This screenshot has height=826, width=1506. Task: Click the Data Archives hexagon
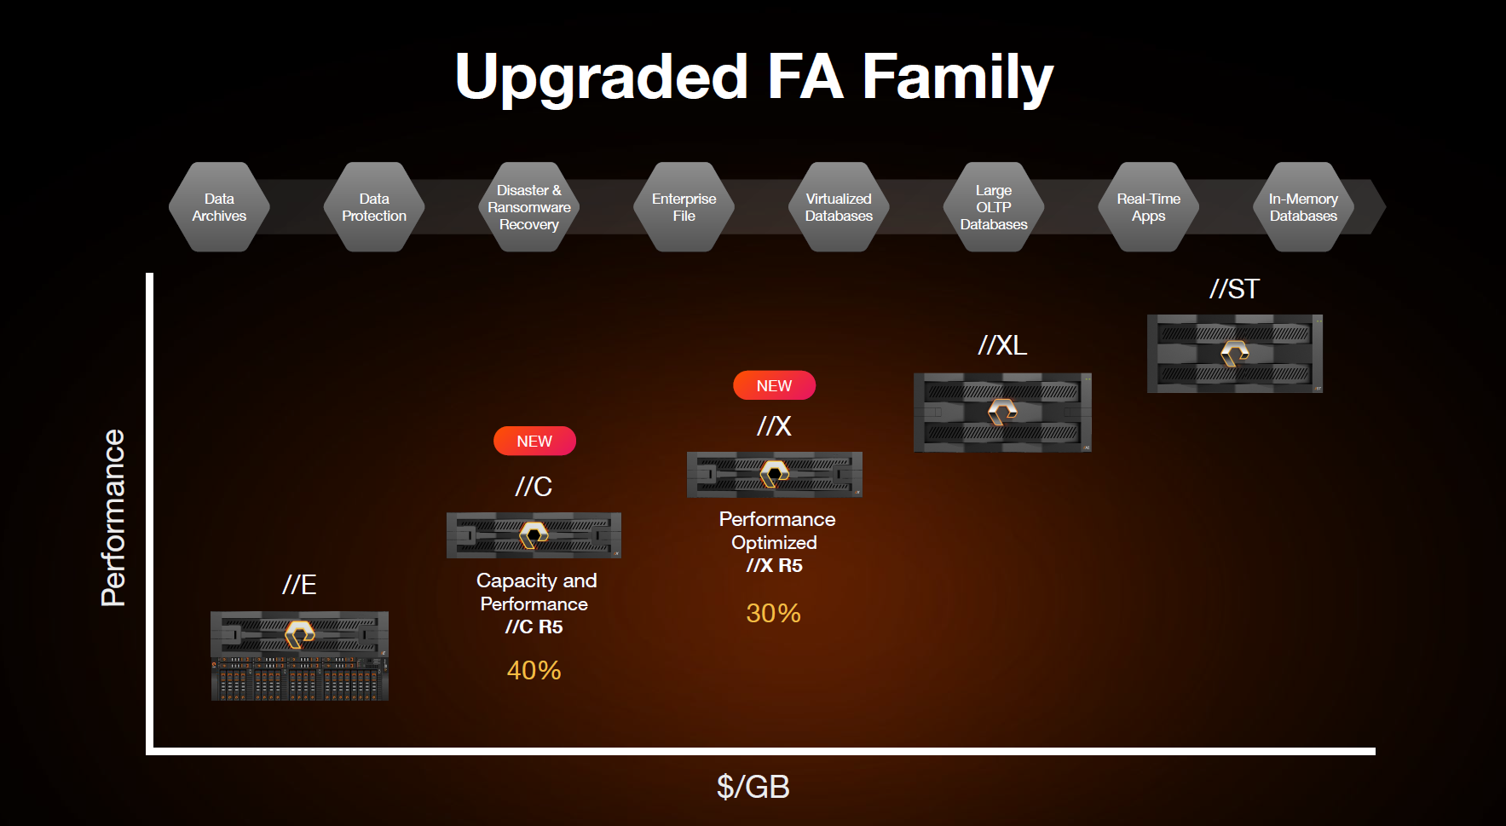(219, 207)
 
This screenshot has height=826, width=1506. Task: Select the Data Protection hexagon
(374, 207)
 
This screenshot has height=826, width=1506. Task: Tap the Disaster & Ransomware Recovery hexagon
(529, 207)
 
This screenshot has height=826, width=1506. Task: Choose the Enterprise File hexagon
(684, 207)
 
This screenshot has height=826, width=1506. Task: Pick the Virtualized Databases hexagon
(839, 207)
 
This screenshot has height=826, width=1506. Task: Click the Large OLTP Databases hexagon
(994, 207)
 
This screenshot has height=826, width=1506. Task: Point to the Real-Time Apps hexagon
(1149, 207)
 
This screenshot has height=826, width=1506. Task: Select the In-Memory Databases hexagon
(1303, 207)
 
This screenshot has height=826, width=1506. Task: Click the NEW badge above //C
(534, 441)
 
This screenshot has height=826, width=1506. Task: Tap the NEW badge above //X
(774, 385)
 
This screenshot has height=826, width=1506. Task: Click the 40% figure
(534, 670)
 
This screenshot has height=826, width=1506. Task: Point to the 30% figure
(773, 613)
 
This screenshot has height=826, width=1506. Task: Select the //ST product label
(1234, 289)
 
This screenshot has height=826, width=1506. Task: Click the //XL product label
(1002, 345)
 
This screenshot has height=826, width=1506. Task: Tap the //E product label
(299, 585)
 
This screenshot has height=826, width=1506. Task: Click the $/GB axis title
(753, 787)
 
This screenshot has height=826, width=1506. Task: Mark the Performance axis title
(113, 518)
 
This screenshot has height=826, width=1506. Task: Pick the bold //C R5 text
(534, 627)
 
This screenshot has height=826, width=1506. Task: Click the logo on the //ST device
(1234, 353)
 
